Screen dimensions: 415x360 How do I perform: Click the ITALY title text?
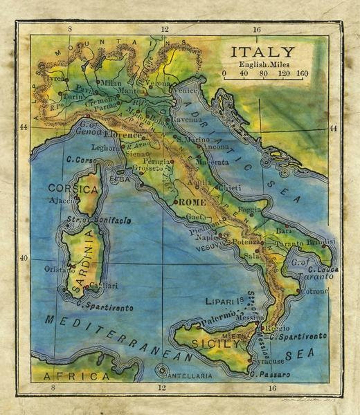click(263, 53)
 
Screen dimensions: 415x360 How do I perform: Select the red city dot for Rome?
click(175, 202)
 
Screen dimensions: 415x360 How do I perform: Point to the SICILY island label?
click(211, 344)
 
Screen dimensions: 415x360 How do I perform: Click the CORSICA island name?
click(73, 189)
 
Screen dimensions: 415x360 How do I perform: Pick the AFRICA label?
click(76, 376)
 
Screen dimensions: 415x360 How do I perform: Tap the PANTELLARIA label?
click(187, 376)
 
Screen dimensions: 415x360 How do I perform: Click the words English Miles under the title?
click(264, 65)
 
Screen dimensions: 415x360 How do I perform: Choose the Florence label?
click(123, 135)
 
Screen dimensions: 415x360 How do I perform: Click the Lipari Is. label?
click(224, 301)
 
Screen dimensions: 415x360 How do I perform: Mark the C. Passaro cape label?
click(272, 375)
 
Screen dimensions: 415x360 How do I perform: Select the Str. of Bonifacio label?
click(99, 220)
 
